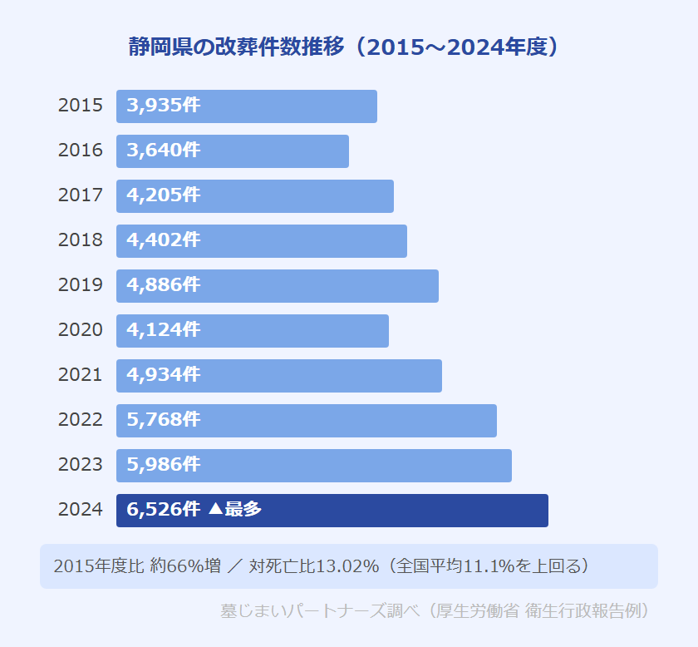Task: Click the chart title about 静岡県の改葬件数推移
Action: (x=343, y=47)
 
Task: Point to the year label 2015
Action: (x=81, y=106)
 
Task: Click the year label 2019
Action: (x=81, y=285)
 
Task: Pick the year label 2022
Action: (x=81, y=420)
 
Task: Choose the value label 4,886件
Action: (x=164, y=285)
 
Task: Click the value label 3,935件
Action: (x=164, y=106)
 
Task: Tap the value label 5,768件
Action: (x=164, y=420)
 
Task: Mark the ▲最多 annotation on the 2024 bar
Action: (x=235, y=510)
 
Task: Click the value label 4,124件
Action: (x=164, y=330)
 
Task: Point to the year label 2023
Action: (x=81, y=465)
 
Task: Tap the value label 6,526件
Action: (x=164, y=510)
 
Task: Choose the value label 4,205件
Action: (x=164, y=195)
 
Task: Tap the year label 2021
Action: (x=81, y=375)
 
